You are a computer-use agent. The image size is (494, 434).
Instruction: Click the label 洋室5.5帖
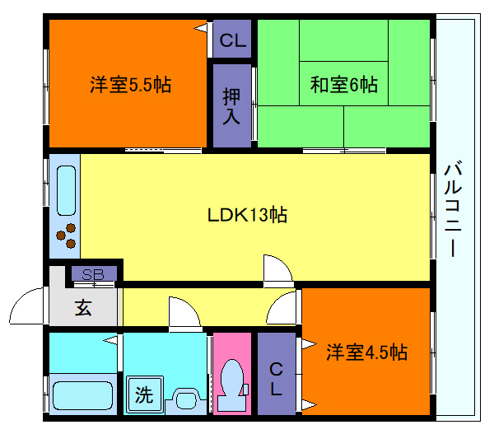pos(130,85)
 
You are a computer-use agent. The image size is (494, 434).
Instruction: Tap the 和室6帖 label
pos(343,85)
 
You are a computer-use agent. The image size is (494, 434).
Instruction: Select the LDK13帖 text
pos(246,215)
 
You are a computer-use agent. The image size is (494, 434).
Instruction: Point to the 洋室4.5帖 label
pos(366,352)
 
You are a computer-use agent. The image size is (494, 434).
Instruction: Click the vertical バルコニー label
pos(454,210)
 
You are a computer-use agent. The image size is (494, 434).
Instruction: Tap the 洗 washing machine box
pos(144,394)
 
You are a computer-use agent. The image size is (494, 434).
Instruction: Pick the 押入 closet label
pos(231,106)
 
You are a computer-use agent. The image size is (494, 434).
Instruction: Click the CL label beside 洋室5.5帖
pos(231,40)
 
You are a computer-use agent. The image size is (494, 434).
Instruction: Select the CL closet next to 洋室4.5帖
pos(277,378)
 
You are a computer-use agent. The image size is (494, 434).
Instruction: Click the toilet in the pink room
pos(233,385)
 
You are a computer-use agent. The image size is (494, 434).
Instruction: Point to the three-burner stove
pos(67,235)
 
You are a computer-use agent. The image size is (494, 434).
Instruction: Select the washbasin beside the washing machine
pos(187,401)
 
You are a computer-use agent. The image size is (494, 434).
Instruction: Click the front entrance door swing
pos(29,306)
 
